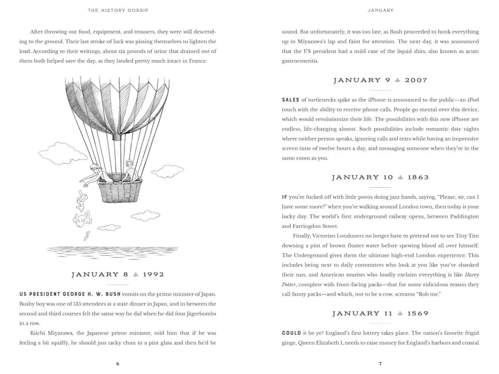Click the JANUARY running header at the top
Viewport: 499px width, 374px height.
click(x=380, y=10)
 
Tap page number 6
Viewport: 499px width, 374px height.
click(x=118, y=364)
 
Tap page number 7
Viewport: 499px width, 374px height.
click(x=380, y=364)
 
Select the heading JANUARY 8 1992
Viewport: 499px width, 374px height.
click(x=118, y=275)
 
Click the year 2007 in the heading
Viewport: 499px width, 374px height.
click(x=416, y=80)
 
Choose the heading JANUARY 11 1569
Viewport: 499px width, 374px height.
click(x=380, y=313)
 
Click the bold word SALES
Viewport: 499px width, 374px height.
click(x=290, y=100)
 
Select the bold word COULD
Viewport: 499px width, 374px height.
click(x=291, y=333)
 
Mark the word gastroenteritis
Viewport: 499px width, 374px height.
click(x=300, y=61)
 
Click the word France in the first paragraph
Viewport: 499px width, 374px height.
click(x=196, y=61)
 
